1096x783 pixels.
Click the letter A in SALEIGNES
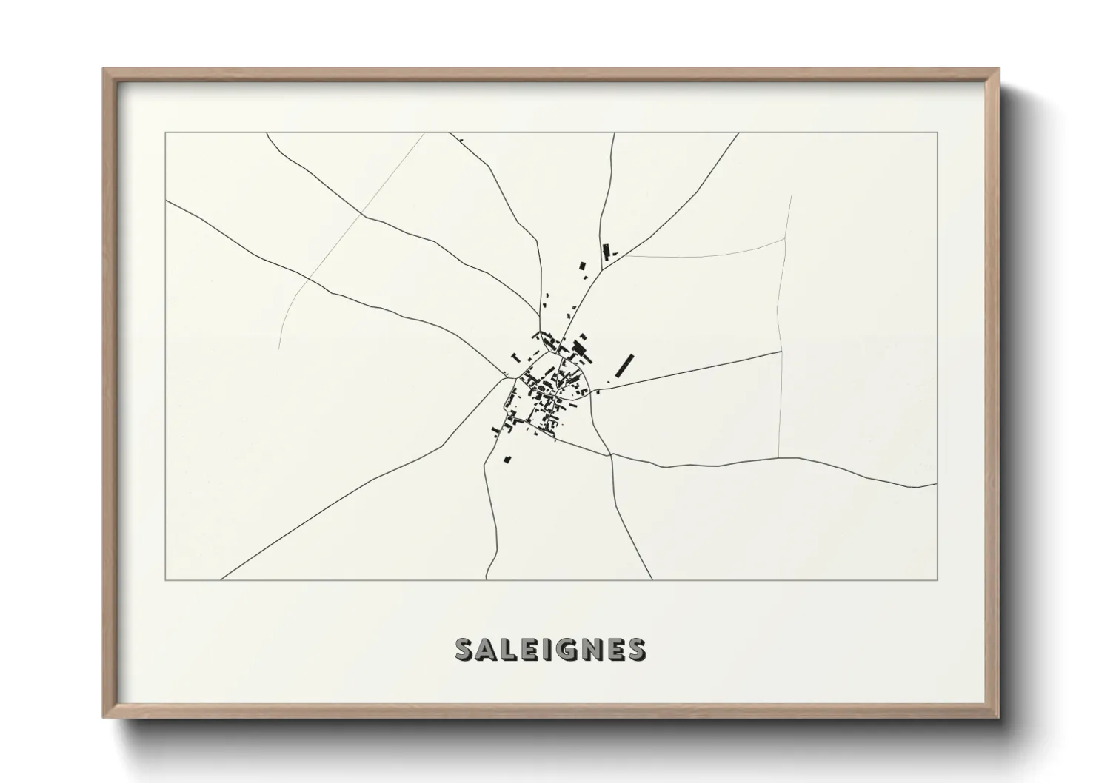pos(485,649)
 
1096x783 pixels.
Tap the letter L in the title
pos(509,649)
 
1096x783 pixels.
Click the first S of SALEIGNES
pos(463,649)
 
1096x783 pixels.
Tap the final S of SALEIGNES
pos(636,649)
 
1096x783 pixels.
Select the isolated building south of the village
pos(507,460)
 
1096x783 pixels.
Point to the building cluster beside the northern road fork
pos(607,252)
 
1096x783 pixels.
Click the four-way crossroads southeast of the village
pos(611,454)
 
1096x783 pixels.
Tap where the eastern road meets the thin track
pos(782,352)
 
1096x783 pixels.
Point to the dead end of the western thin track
pos(279,347)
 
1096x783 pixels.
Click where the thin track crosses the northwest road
pos(362,215)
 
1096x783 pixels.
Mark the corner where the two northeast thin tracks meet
pos(785,239)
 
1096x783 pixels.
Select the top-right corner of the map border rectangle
pos(937,132)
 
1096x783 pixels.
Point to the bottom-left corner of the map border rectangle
pos(166,579)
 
